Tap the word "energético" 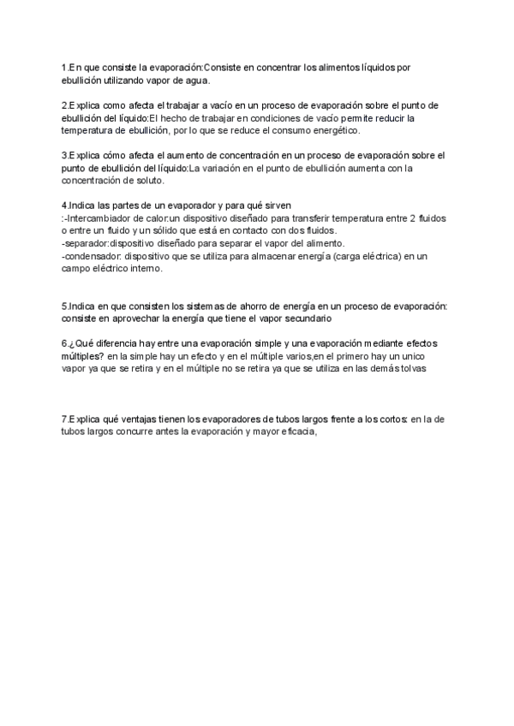click(330, 131)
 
